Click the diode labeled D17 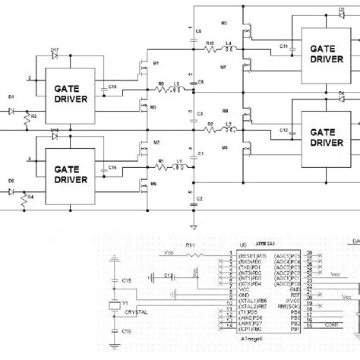tap(55, 58)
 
